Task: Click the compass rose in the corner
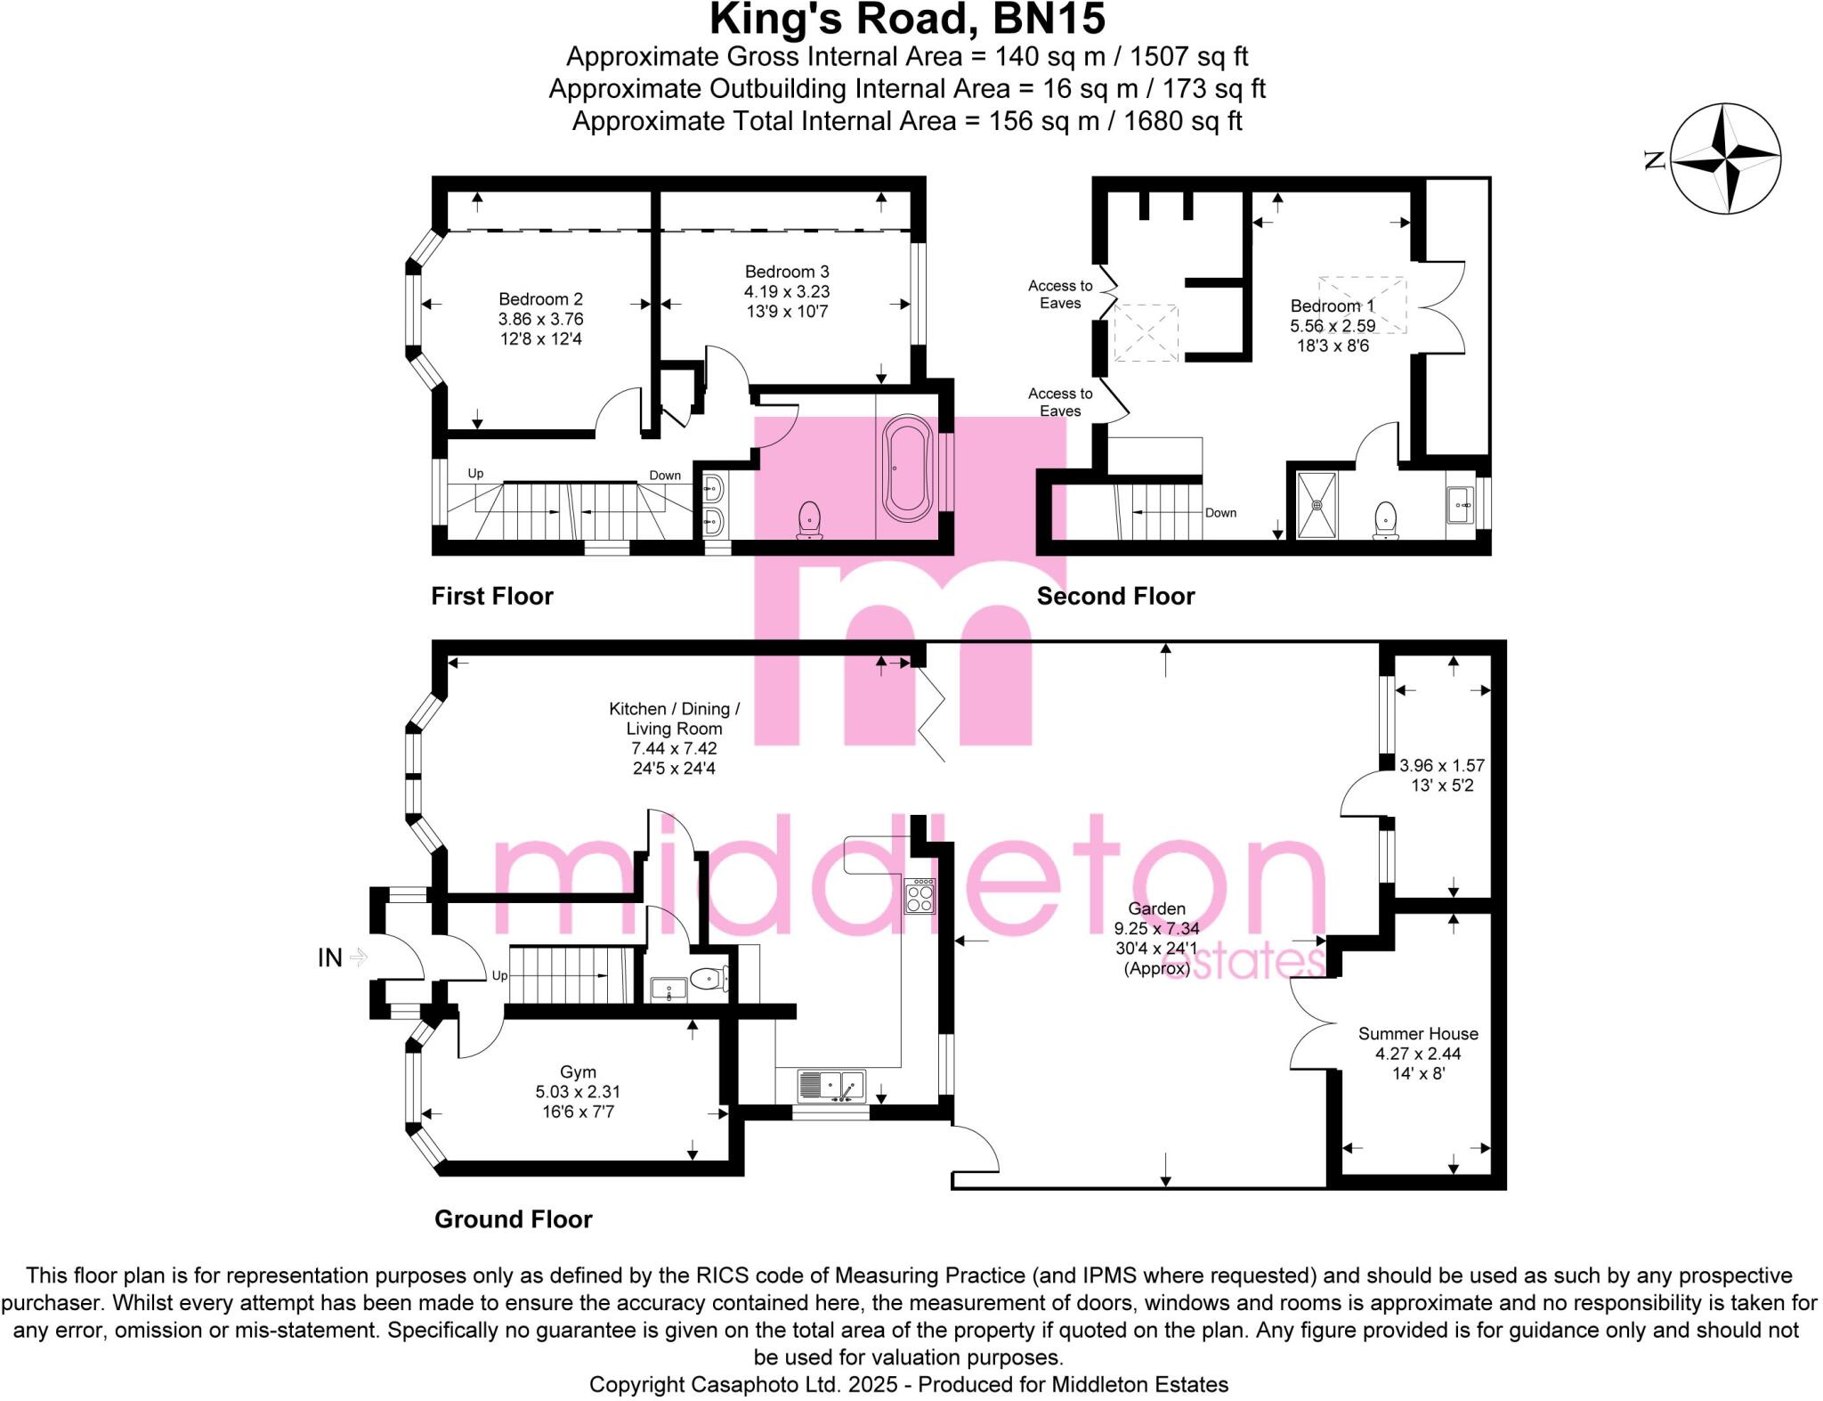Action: [x=1725, y=159]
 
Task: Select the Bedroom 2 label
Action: [x=540, y=299]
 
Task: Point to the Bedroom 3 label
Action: [x=787, y=272]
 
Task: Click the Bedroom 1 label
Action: [x=1333, y=306]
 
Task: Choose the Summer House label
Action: [x=1418, y=1034]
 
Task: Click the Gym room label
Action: [x=578, y=1072]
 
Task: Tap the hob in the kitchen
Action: [x=920, y=896]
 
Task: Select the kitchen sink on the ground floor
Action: [x=831, y=1085]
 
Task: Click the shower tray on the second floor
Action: [x=1317, y=505]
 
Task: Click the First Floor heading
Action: [x=492, y=596]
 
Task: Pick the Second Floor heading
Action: [x=1115, y=596]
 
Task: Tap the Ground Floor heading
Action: [x=513, y=1219]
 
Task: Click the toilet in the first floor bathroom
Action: [x=809, y=520]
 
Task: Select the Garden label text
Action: [x=1156, y=908]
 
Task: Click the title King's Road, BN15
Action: [x=907, y=20]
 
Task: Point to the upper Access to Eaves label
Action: [x=1060, y=294]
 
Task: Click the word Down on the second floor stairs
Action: [x=1220, y=513]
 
